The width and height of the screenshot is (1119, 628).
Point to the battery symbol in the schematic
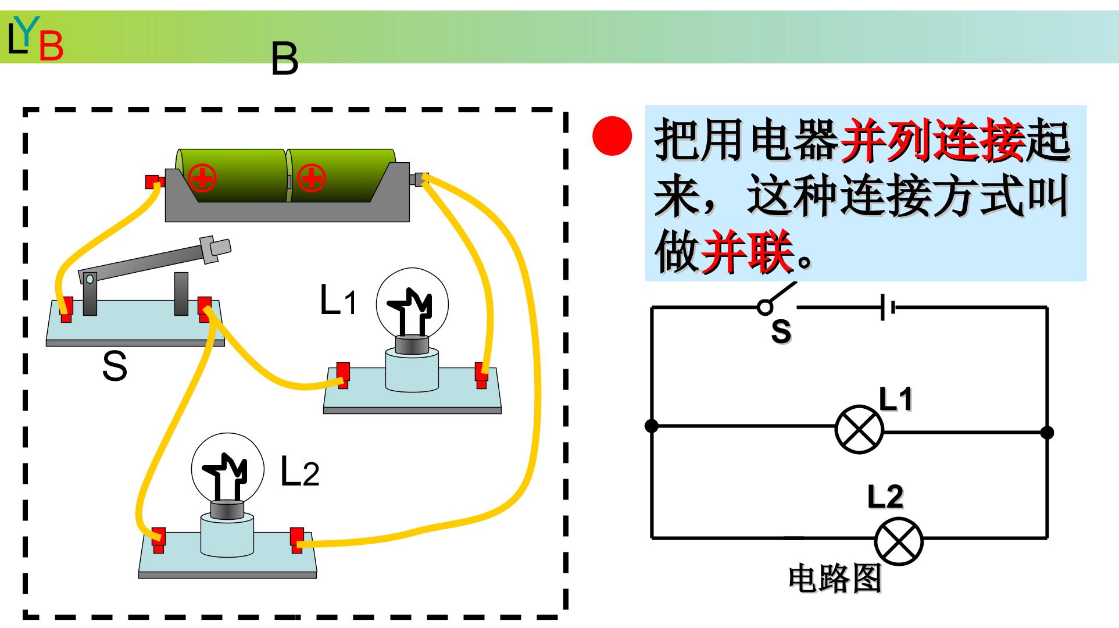pos(888,307)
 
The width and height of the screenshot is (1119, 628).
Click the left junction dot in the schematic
pos(652,426)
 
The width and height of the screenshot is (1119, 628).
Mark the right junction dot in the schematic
pos(1047,432)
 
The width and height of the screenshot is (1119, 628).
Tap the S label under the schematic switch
pos(781,331)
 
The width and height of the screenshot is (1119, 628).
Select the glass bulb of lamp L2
pos(228,469)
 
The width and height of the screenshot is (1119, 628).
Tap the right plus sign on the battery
pos(311,177)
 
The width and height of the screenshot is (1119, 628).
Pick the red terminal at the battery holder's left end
pos(155,181)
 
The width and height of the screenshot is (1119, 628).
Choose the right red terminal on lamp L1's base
pos(482,374)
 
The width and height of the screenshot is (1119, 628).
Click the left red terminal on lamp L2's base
pos(159,541)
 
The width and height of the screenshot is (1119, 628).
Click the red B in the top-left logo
pos(51,47)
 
